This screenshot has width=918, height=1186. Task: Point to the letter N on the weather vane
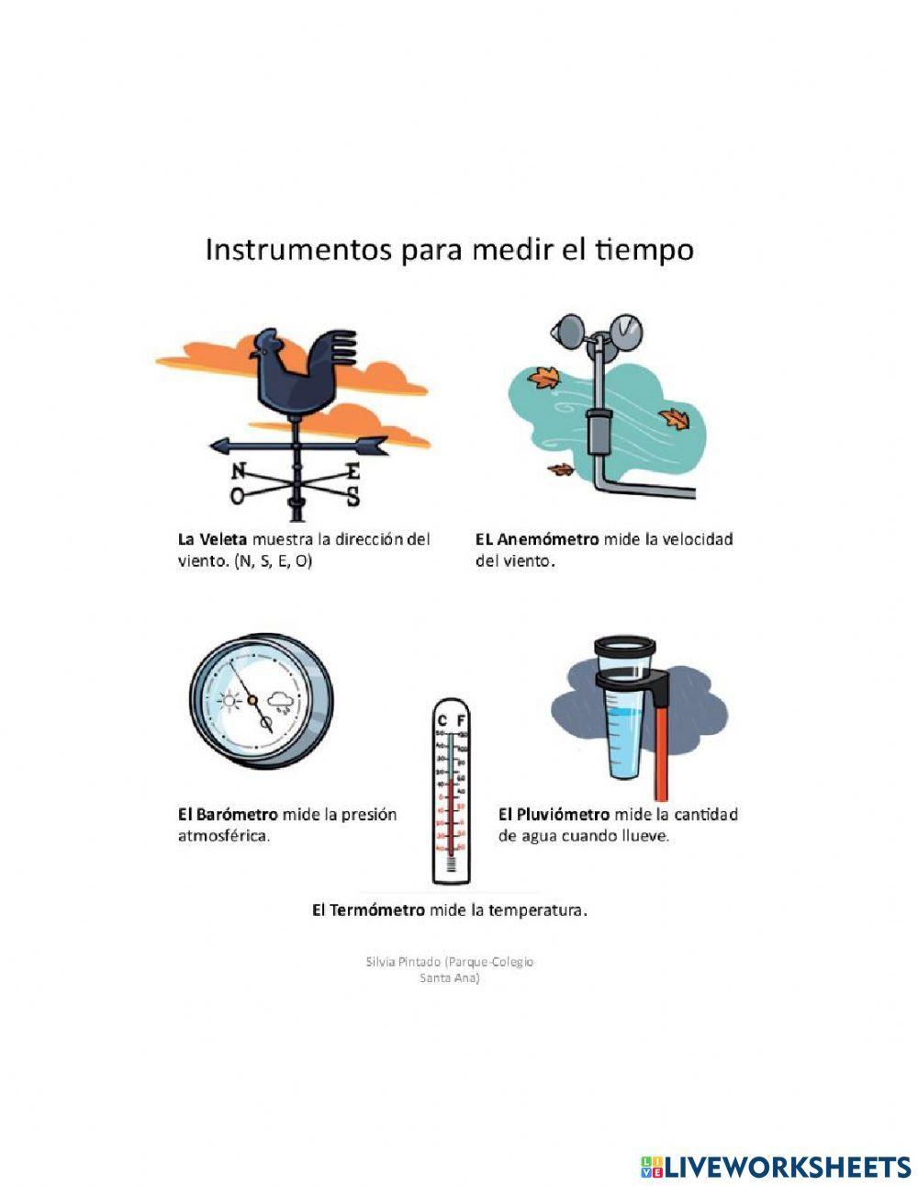[239, 471]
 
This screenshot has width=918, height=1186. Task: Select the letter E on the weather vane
[352, 472]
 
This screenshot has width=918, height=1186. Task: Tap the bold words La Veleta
[212, 539]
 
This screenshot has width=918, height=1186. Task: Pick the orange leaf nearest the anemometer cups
[547, 378]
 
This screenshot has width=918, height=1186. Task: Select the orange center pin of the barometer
[252, 700]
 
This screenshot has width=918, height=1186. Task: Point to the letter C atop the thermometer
[442, 720]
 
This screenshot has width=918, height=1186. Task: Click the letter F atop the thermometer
[461, 720]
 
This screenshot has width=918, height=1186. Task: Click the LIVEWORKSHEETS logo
[776, 1167]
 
